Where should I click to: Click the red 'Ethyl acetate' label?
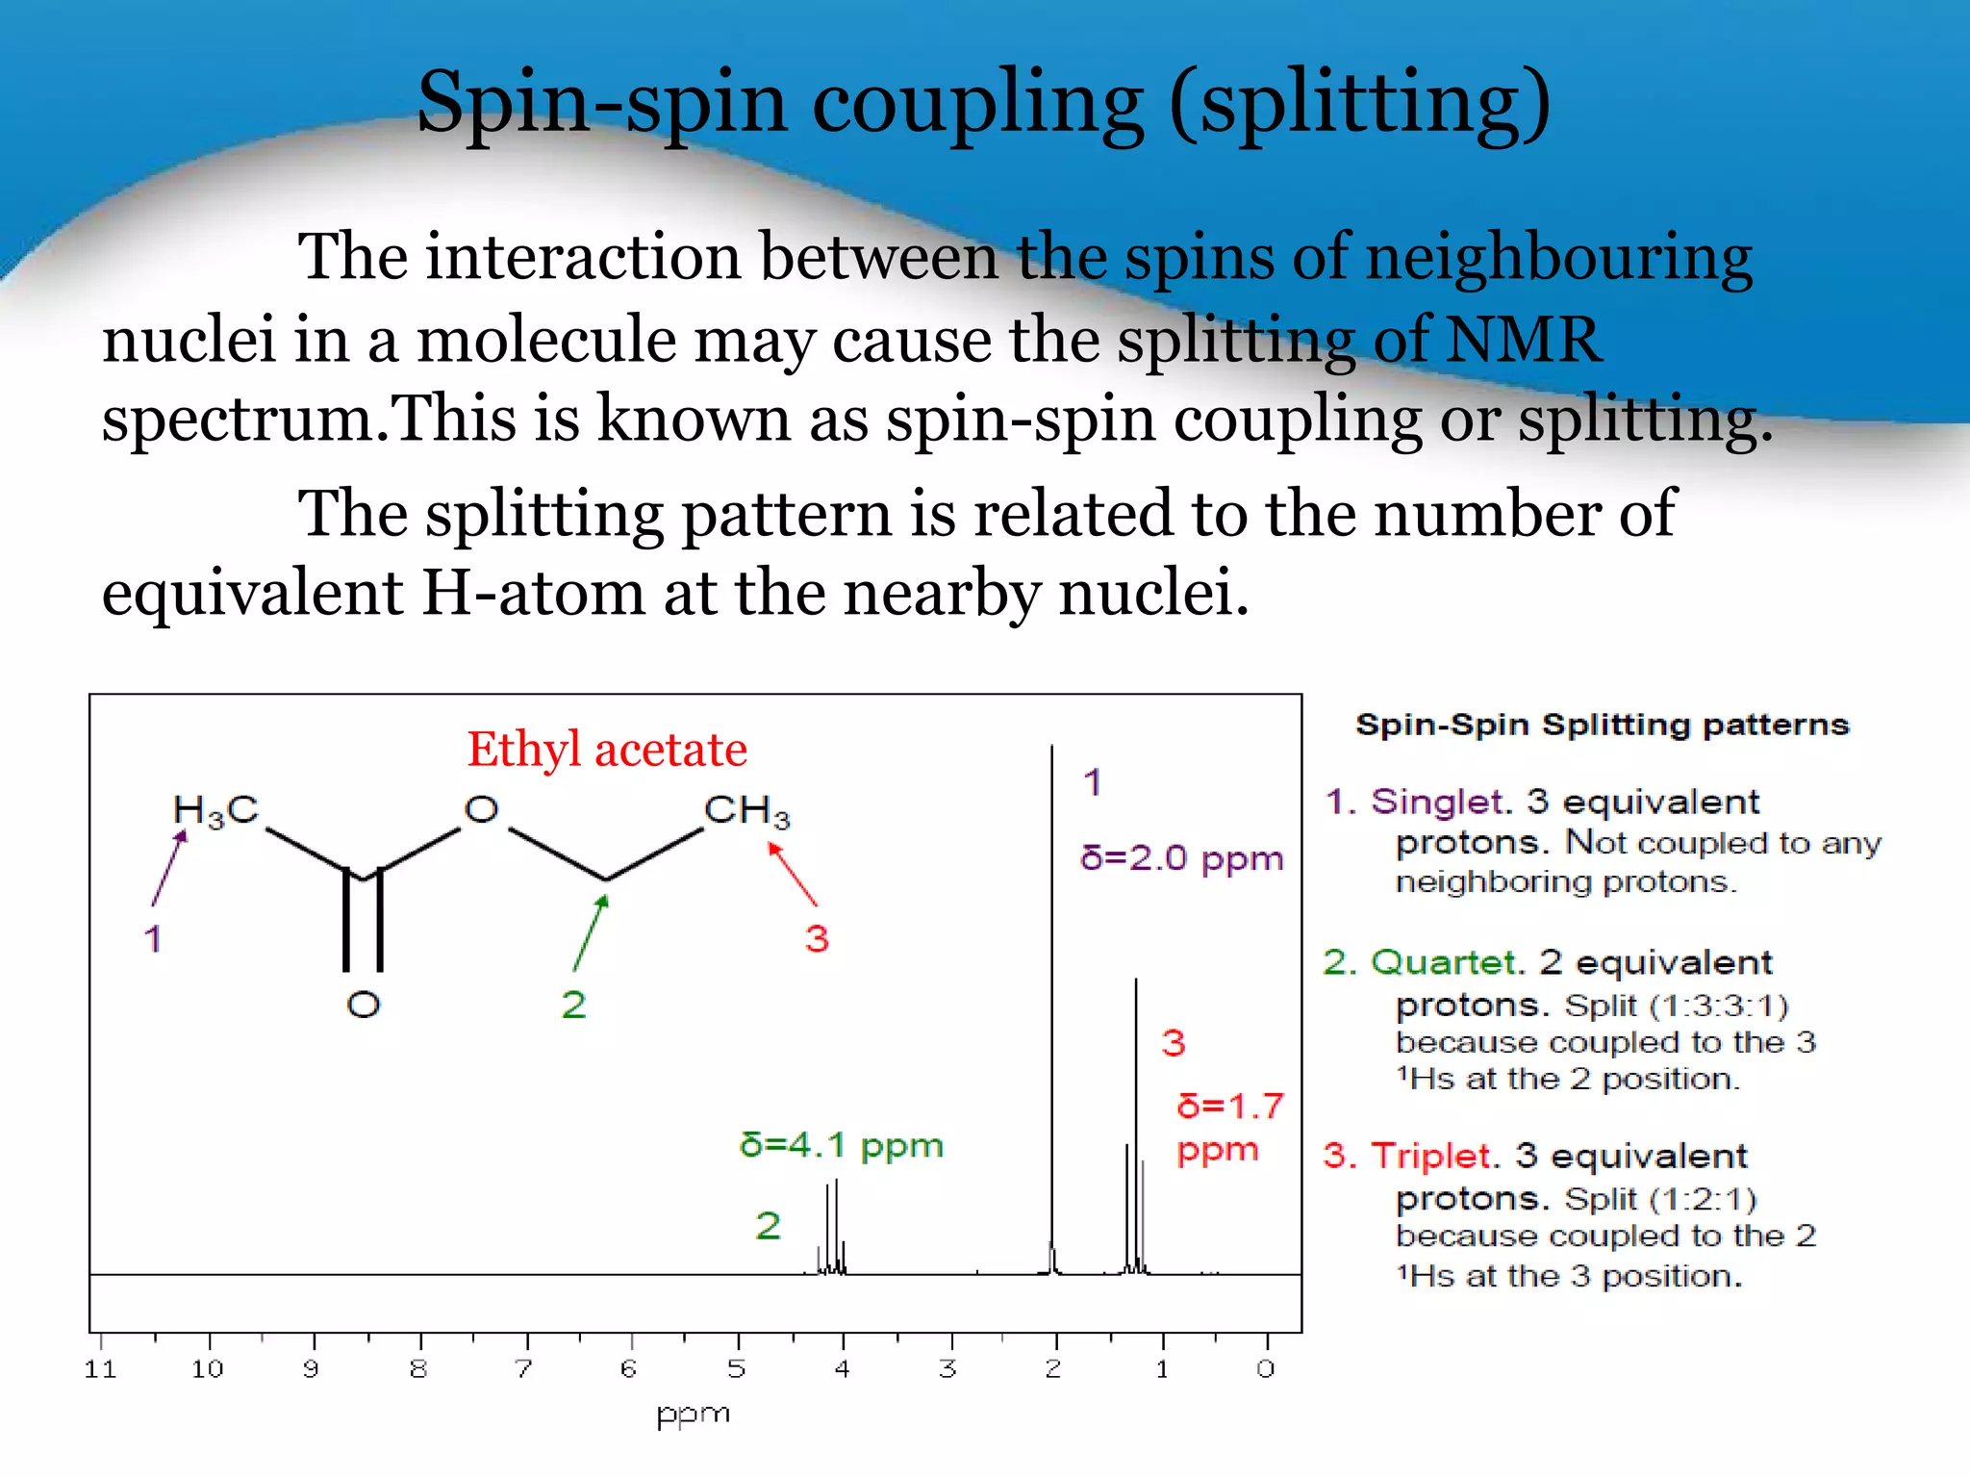point(607,750)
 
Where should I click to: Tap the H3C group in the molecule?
point(215,811)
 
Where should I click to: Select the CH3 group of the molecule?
point(746,811)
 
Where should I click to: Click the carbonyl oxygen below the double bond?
point(364,1006)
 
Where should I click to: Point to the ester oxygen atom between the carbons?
point(481,810)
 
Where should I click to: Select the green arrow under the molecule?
point(591,932)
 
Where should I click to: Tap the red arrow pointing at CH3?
point(793,874)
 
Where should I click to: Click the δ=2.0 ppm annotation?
point(1181,857)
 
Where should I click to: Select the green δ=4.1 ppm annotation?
point(841,1145)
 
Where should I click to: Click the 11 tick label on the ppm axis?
point(101,1369)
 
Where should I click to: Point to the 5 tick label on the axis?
point(737,1369)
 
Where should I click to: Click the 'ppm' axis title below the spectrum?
point(693,1415)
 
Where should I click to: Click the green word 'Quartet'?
point(1444,962)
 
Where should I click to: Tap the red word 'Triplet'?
point(1430,1156)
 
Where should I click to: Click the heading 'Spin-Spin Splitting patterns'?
point(1603,725)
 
